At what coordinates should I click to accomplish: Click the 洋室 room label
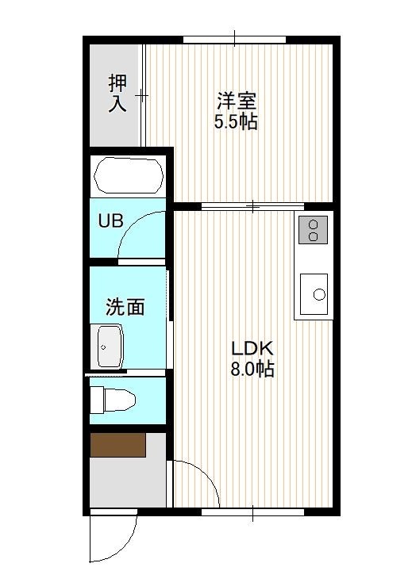point(237,101)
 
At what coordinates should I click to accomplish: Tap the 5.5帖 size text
point(236,121)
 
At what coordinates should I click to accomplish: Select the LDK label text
point(252,349)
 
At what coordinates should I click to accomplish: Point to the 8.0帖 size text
point(252,370)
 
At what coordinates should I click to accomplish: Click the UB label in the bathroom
point(111,220)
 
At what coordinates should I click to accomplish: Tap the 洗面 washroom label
point(125,307)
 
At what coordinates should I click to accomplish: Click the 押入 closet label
point(117,93)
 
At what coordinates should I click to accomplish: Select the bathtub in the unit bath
point(129,175)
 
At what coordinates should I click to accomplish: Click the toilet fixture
point(113,400)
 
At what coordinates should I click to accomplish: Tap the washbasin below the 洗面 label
point(110,347)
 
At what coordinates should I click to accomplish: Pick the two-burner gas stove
point(313,230)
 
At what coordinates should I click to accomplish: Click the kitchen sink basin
point(314,294)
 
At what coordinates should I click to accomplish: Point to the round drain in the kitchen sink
point(319,295)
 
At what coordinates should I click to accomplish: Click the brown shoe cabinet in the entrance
point(118,445)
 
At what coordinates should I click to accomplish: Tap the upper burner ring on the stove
point(313,224)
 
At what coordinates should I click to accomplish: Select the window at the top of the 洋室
point(235,40)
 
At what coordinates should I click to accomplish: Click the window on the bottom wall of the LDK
point(252,512)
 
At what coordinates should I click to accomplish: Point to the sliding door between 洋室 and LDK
point(252,206)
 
